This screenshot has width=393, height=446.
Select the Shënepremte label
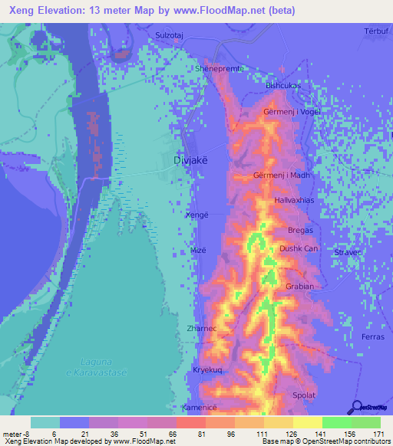click(220, 68)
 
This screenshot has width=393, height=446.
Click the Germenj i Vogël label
click(291, 112)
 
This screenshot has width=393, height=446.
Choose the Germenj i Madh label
click(281, 175)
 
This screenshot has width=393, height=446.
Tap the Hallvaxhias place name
click(296, 200)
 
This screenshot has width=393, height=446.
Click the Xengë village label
click(197, 215)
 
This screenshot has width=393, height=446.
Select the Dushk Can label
click(298, 248)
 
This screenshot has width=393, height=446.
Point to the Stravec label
click(348, 251)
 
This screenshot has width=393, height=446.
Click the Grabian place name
click(299, 287)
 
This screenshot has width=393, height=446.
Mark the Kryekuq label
click(206, 369)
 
